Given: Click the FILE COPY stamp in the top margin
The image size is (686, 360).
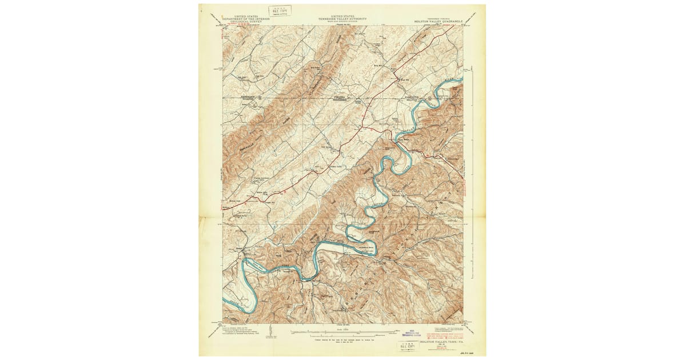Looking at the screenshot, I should (x=280, y=10).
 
